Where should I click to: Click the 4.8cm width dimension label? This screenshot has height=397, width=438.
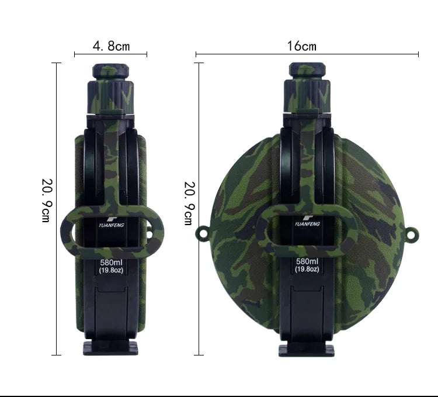pos(111,46)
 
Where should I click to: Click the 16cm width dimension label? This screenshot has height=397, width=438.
pos(302,46)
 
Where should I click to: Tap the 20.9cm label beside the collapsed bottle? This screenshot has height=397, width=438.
pos(47,200)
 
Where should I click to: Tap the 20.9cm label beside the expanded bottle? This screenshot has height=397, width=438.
pos(189,203)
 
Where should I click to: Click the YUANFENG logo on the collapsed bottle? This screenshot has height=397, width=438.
pos(111,223)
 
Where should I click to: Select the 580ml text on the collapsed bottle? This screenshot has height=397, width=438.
pos(111,263)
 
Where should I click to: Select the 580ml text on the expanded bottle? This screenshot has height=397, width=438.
pos(307,261)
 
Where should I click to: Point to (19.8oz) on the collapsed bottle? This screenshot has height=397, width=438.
pos(111,270)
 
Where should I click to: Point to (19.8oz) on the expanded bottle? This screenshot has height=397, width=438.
pos(307,269)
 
